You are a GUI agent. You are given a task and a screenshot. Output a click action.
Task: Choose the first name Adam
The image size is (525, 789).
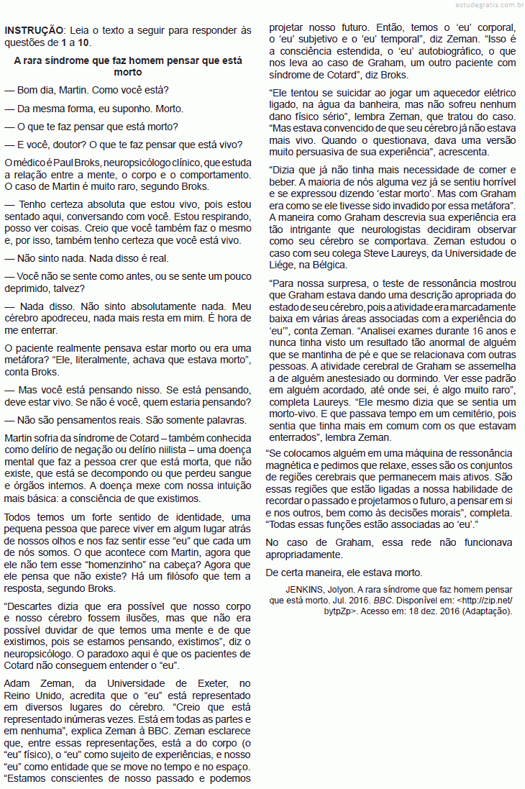click(x=18, y=683)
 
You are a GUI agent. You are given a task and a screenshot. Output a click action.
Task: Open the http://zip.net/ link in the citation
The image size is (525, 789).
click(x=488, y=600)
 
